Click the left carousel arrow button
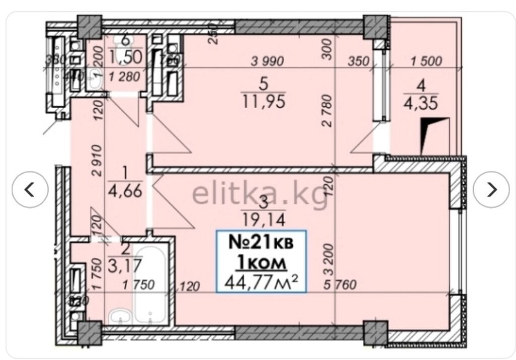tap(30, 190)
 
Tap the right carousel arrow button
tap(491, 190)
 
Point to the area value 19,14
tap(264, 219)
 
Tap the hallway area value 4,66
tap(124, 191)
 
